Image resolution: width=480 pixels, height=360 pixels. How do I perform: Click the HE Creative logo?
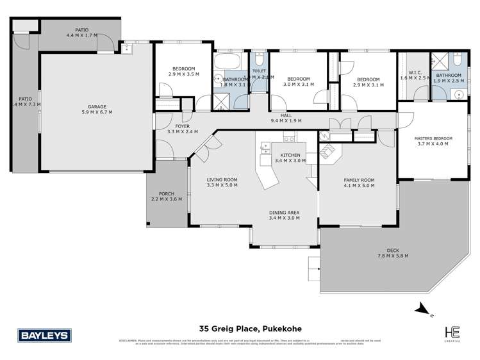click(x=454, y=333)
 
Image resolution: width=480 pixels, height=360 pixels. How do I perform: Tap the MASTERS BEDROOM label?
click(x=433, y=139)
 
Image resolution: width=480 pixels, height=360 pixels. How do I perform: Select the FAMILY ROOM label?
click(x=358, y=179)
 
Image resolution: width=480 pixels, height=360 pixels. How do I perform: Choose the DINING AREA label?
click(x=285, y=212)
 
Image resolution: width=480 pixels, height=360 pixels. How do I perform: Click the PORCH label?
click(x=166, y=193)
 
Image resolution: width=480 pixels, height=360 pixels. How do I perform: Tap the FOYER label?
click(x=183, y=127)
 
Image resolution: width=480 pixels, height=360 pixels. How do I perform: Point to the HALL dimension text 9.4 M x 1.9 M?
click(x=286, y=120)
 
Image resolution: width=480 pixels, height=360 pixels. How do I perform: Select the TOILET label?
click(x=259, y=71)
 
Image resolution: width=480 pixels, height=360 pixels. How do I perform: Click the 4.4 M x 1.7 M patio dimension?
click(x=82, y=35)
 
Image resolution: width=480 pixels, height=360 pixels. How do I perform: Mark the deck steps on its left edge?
click(x=314, y=264)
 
